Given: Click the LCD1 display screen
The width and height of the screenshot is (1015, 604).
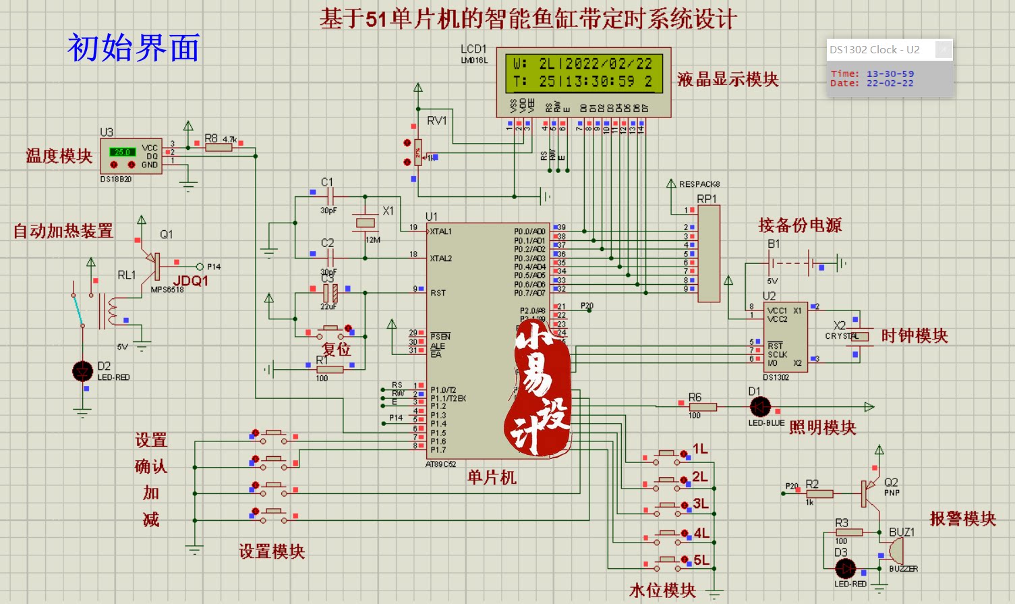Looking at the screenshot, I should [583, 73].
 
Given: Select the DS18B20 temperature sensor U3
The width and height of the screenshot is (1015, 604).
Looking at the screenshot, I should [131, 156].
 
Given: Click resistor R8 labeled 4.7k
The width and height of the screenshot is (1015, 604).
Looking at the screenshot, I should [219, 146].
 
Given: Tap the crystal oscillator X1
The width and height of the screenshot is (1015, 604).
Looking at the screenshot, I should [365, 222].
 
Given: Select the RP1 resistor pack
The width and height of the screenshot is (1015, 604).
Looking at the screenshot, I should [709, 254].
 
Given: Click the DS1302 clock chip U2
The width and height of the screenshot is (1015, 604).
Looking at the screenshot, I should [786, 336].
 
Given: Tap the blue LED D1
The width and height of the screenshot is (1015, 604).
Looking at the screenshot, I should [760, 407].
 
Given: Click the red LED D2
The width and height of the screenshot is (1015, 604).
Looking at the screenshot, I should [83, 370].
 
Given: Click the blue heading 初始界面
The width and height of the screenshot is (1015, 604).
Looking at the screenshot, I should [134, 48].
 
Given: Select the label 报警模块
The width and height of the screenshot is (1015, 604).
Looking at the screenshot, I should [962, 518].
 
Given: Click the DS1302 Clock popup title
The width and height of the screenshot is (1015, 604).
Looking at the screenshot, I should [875, 50].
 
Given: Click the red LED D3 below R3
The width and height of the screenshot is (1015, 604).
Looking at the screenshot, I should [845, 568].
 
